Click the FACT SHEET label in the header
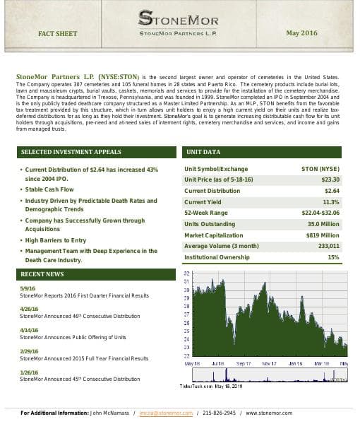point(58,33)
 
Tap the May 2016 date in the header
point(301,33)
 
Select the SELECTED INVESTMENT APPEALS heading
point(71,152)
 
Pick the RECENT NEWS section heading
point(42,273)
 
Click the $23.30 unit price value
point(330,180)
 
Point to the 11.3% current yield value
point(331,202)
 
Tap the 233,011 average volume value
point(329,246)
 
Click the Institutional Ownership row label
point(217,257)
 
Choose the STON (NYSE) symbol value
point(320,170)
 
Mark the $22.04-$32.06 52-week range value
point(320,213)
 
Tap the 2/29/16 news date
point(30,351)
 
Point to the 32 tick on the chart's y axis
point(186,273)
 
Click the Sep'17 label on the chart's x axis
point(244,363)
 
